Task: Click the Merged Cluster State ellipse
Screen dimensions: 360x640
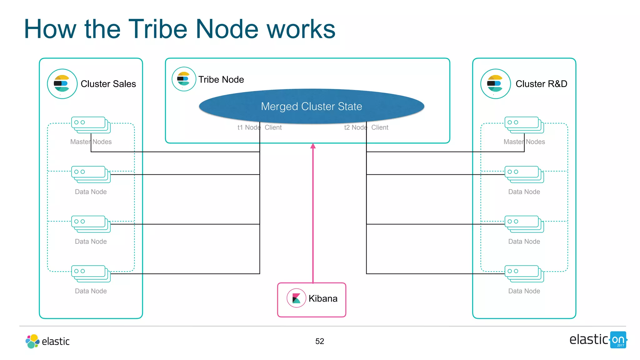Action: tap(311, 106)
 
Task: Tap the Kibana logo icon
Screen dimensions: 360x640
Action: tap(296, 298)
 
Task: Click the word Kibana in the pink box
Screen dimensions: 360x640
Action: tap(323, 298)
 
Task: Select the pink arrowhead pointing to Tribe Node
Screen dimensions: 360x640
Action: tap(313, 146)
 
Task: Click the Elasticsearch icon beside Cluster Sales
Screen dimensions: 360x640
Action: tap(62, 84)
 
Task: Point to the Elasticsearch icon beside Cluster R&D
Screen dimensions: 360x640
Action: tap(495, 84)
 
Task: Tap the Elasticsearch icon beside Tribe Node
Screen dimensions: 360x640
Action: tap(184, 79)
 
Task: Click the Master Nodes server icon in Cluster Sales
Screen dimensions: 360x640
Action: tap(91, 125)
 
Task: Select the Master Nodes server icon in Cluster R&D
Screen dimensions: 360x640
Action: tap(524, 125)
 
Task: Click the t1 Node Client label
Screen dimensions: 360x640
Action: tap(259, 127)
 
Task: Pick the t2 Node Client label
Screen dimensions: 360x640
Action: tap(366, 127)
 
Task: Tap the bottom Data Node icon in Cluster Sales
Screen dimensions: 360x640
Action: tap(91, 273)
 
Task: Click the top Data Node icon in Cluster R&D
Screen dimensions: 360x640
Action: tap(524, 174)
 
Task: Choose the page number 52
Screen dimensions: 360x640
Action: tap(319, 341)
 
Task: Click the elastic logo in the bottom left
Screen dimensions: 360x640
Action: tap(47, 341)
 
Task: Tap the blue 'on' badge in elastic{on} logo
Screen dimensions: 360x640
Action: tap(618, 340)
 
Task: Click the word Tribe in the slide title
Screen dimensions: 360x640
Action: tap(157, 29)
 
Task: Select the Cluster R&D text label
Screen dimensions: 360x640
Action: tap(541, 84)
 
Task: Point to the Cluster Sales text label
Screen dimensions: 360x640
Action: tap(108, 84)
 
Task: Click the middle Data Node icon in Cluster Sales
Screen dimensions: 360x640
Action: tap(91, 224)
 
